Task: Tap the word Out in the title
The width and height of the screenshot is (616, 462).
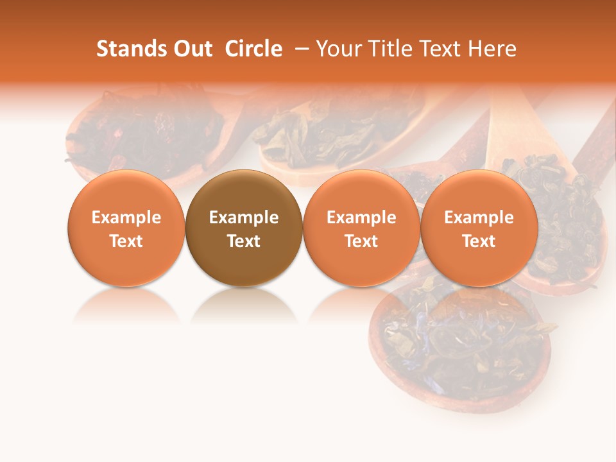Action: [191, 49]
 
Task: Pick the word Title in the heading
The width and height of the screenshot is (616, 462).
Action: [394, 49]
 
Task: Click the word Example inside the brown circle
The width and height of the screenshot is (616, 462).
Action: [244, 218]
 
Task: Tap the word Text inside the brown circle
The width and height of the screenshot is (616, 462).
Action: [244, 241]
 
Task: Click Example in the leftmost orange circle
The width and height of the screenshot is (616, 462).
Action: [126, 218]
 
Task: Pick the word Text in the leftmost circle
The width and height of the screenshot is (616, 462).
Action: [126, 241]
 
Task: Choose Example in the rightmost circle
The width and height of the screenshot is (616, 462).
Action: [479, 218]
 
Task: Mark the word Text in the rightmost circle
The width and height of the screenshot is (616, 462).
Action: [479, 241]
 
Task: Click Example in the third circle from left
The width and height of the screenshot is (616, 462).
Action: [361, 218]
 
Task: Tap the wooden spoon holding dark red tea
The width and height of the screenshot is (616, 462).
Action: [148, 135]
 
